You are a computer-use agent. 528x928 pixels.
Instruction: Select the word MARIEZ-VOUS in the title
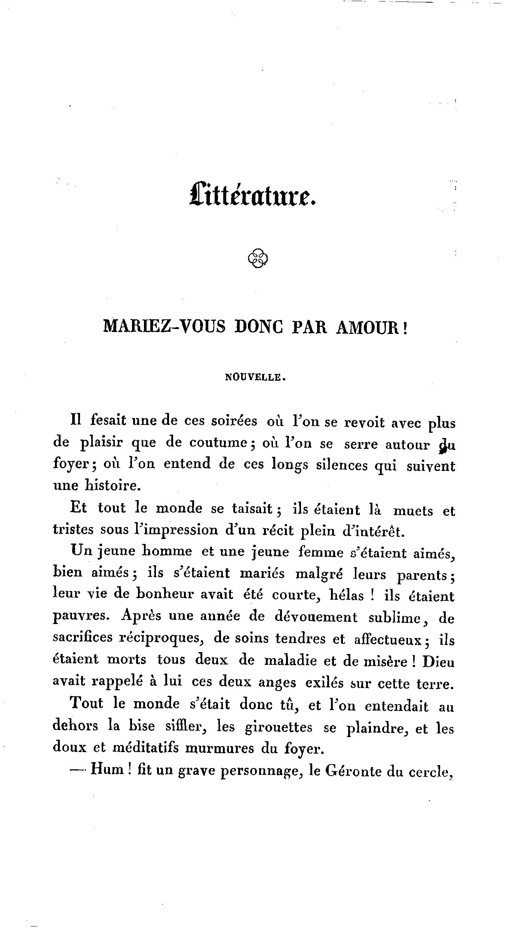[164, 327]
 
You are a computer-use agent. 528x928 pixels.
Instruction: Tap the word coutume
[217, 443]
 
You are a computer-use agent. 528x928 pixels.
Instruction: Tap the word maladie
[290, 661]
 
